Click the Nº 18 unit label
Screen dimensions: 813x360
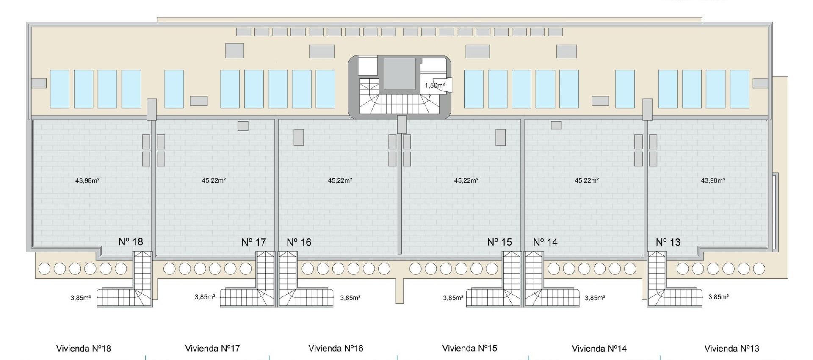131,242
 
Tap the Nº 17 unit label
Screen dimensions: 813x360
254,242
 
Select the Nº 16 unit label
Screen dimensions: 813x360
299,242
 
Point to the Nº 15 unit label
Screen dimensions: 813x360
500,242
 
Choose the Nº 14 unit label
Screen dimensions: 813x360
545,242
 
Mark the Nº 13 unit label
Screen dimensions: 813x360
668,242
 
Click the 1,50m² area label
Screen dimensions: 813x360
435,86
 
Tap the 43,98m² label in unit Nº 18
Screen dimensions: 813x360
87,180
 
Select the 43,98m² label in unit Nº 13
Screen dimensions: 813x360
713,180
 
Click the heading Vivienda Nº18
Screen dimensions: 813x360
83,349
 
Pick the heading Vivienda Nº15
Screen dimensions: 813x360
470,348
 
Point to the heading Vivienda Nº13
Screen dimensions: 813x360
732,349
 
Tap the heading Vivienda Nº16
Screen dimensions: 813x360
336,348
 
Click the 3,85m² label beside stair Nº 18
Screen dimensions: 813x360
81,298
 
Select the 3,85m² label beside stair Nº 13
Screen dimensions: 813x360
719,297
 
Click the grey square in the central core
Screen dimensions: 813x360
399,74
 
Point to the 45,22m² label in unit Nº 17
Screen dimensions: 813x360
214,180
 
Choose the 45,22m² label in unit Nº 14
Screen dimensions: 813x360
586,180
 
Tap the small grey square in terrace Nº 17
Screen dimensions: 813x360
243,126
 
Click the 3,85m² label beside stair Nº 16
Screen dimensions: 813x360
351,298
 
